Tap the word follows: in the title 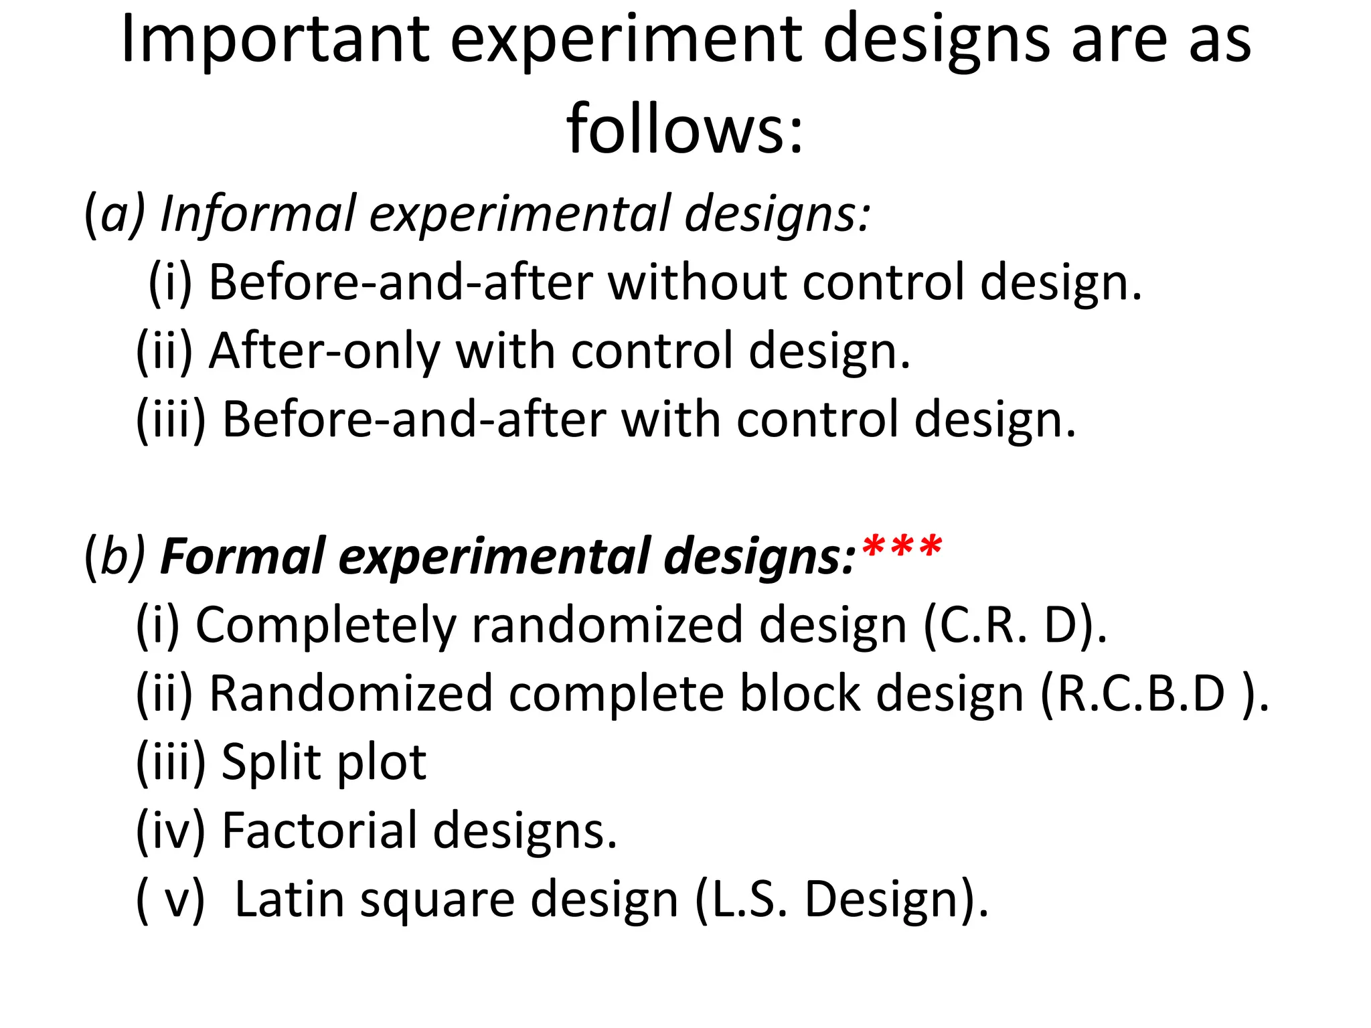pyautogui.click(x=684, y=128)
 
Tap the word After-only pyautogui.click(x=325, y=351)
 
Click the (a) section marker pyautogui.click(x=114, y=215)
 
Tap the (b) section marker pyautogui.click(x=114, y=557)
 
